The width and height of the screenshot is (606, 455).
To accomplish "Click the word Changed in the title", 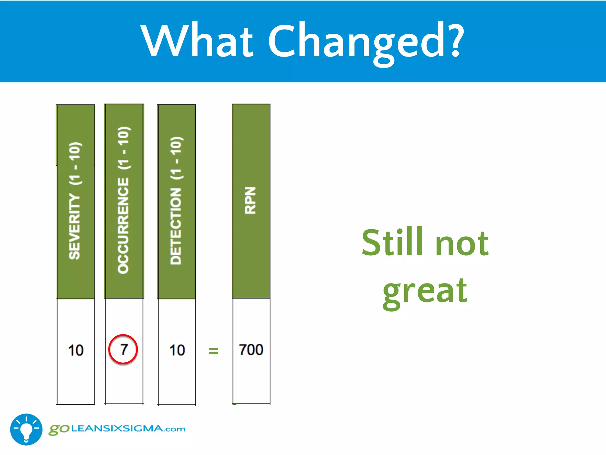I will point(357,41).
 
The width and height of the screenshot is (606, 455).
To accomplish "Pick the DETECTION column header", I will point(176,201).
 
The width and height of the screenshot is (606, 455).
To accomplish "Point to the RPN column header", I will point(251,201).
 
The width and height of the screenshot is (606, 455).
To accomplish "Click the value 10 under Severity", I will point(76,350).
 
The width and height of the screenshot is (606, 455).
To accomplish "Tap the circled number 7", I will point(123,350).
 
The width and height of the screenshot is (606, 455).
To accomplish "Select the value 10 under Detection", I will point(177,350).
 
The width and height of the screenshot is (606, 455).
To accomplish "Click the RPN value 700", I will point(251,350).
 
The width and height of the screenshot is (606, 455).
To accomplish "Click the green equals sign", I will point(213,351).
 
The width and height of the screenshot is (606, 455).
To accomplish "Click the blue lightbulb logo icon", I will point(26,429).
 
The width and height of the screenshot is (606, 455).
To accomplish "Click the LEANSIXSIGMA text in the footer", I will point(117,429).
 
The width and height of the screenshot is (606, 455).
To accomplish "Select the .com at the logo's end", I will point(175,429).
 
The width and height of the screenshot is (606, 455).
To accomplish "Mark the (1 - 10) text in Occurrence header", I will point(124,148).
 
